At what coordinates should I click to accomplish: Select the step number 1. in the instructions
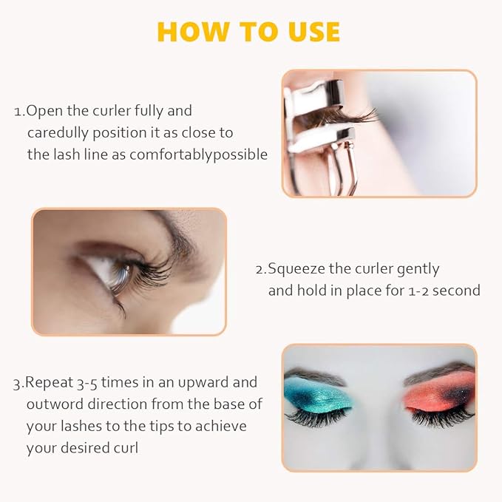pyautogui.click(x=19, y=112)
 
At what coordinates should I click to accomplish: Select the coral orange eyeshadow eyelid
pyautogui.click(x=432, y=392)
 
